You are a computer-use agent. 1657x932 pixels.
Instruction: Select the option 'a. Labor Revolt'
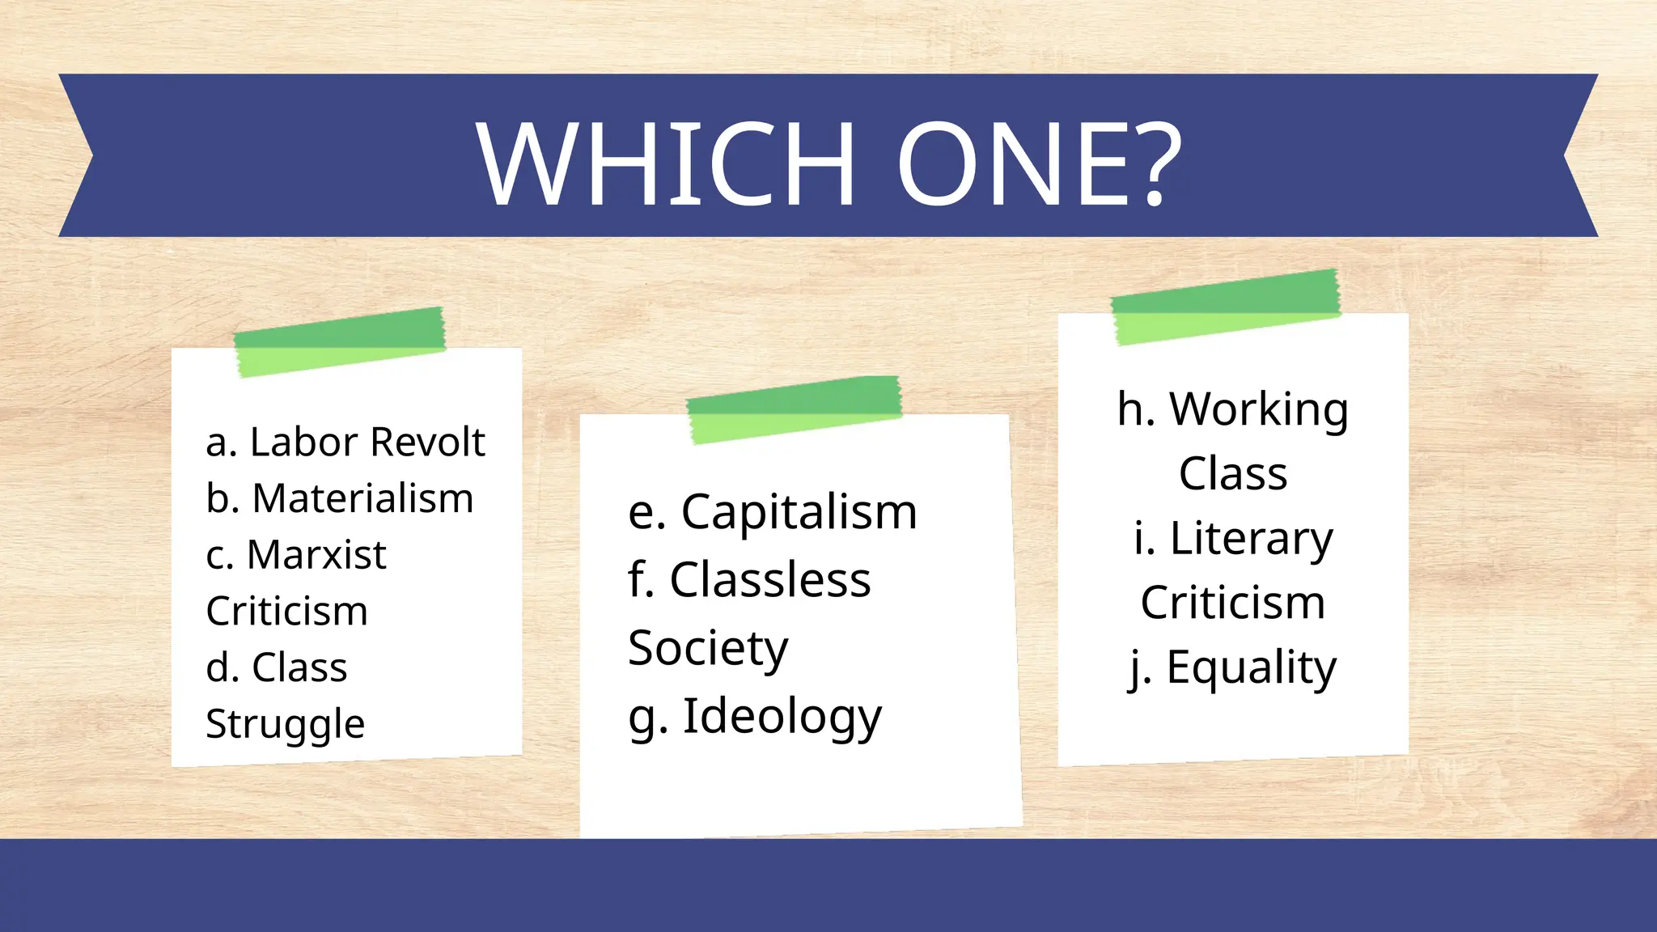(345, 443)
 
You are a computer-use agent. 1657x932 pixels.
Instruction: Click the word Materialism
(362, 498)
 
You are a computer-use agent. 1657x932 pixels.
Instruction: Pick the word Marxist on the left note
(316, 555)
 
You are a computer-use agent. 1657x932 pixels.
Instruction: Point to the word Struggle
(285, 725)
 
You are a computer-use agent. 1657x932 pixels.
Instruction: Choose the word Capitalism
(799, 512)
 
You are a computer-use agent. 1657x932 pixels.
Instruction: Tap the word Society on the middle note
(708, 649)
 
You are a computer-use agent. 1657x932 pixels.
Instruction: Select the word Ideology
(782, 717)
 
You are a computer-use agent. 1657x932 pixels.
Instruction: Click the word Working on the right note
(1259, 409)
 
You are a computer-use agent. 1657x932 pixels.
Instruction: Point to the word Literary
(1251, 539)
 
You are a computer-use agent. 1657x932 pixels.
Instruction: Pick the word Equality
(1251, 668)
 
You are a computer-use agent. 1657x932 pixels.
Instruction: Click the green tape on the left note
(340, 341)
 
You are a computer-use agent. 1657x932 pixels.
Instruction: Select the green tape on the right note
(1226, 306)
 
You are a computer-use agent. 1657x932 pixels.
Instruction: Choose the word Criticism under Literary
(1232, 603)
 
